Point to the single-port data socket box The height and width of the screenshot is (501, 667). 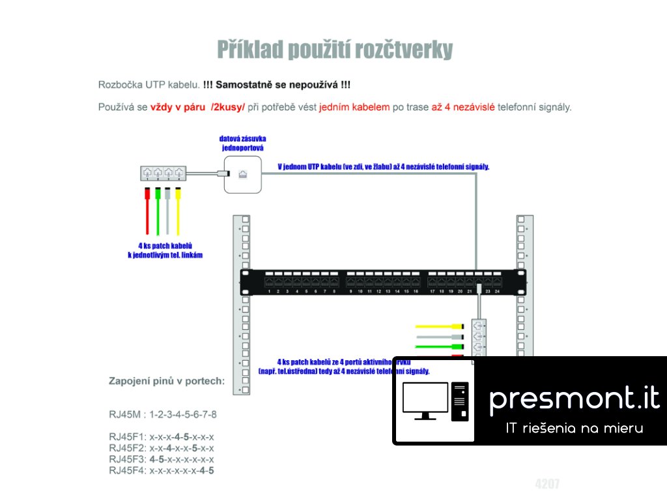pyautogui.click(x=242, y=174)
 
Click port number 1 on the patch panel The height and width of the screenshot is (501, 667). pyautogui.click(x=269, y=282)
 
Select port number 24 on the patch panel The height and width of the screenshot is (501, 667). pyautogui.click(x=498, y=282)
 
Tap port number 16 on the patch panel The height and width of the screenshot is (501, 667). pyautogui.click(x=416, y=282)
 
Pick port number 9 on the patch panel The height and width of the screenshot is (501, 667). pyautogui.click(x=350, y=282)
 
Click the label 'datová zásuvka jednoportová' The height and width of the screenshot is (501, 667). pyautogui.click(x=243, y=144)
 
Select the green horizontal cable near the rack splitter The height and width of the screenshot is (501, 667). pyautogui.click(x=443, y=346)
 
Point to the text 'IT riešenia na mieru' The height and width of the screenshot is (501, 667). pyautogui.click(x=575, y=429)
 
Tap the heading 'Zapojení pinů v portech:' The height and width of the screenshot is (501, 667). pyautogui.click(x=167, y=381)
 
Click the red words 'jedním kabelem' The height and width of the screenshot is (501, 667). pyautogui.click(x=354, y=107)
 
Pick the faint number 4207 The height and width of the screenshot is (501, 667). pyautogui.click(x=547, y=483)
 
